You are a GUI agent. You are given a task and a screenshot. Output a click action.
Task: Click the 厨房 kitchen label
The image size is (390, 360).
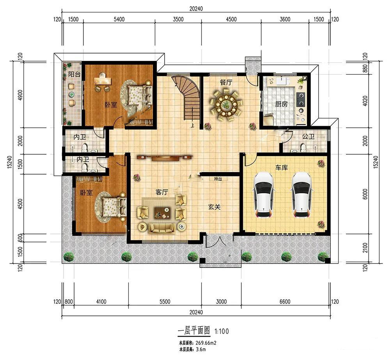tap(281, 104)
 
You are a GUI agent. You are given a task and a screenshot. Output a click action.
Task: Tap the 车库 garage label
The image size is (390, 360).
tap(282, 168)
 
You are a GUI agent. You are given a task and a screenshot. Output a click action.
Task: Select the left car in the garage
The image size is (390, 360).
tap(263, 195)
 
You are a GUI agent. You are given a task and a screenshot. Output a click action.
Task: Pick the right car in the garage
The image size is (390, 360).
tap(302, 195)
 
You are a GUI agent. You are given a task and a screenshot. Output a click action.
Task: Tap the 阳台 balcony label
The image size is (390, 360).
tap(74, 74)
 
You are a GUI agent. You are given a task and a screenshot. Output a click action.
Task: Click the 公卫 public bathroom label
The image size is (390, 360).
tap(308, 136)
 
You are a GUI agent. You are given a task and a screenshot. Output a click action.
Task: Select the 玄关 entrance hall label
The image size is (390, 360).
tap(214, 207)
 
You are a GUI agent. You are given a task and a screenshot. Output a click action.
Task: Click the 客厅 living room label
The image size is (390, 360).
tap(162, 192)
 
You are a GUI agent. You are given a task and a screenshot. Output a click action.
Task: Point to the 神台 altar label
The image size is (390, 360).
tap(218, 179)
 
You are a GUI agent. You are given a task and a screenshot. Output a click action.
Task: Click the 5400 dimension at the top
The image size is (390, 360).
tap(119, 19)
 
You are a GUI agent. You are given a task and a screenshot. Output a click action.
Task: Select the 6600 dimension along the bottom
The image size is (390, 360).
tap(285, 302)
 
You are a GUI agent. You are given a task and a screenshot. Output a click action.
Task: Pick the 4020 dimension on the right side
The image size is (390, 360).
tap(365, 101)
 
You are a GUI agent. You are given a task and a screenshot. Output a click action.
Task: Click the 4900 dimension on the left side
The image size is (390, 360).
tap(20, 95)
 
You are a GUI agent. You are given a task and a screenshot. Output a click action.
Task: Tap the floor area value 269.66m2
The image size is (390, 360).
tap(206, 343)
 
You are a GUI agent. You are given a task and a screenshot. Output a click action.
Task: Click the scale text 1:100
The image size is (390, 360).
tap(222, 331)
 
